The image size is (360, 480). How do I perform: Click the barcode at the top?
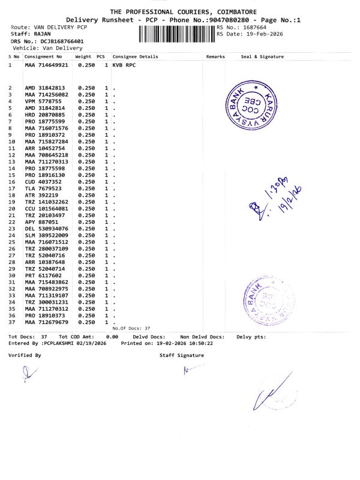click(x=177, y=32)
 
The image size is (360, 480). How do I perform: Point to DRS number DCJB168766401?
click(x=62, y=41)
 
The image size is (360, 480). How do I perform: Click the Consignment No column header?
click(x=43, y=56)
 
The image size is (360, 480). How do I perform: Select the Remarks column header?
click(x=215, y=56)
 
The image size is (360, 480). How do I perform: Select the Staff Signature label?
click(x=181, y=355)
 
